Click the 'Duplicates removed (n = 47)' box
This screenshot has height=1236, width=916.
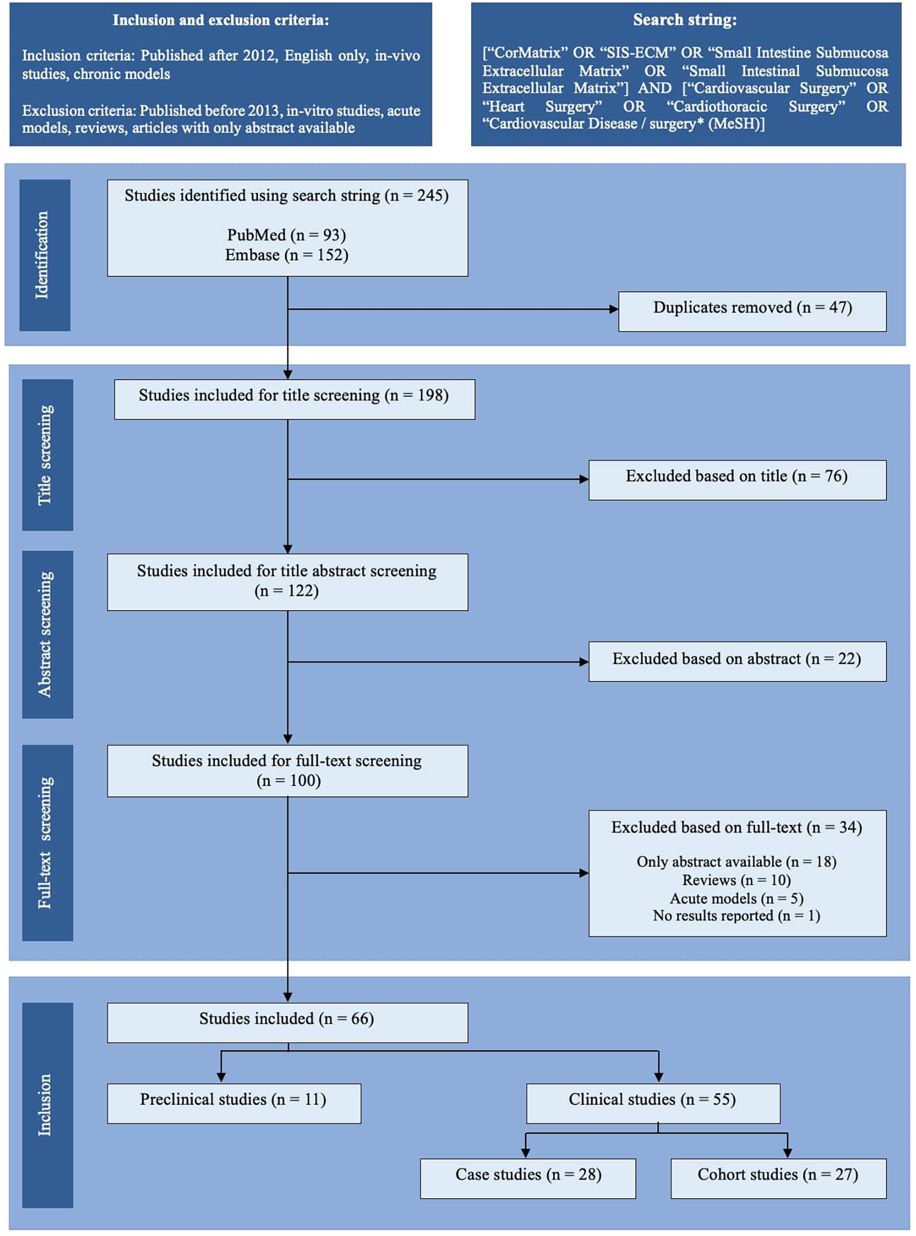pos(752,311)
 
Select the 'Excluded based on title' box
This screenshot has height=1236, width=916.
pos(737,480)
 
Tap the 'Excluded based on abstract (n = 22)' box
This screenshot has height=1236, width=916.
pos(737,661)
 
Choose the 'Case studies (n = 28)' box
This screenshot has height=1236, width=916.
pos(527,1178)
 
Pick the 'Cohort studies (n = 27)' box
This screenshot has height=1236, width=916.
pos(778,1178)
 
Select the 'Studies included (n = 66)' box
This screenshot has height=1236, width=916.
pos(287,1022)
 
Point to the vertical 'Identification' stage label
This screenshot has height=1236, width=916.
pos(44,255)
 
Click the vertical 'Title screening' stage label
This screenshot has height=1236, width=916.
pos(46,455)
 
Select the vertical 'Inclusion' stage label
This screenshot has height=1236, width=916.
pos(46,1105)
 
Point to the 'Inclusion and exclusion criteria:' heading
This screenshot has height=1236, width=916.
pos(221,20)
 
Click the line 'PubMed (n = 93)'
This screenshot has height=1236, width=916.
pos(287,235)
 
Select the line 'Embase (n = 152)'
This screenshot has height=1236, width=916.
pos(287,255)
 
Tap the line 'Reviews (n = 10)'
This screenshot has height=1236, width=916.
pos(736,880)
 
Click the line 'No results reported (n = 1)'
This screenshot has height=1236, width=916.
pos(736,916)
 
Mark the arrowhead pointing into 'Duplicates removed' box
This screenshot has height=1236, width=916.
pos(614,310)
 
